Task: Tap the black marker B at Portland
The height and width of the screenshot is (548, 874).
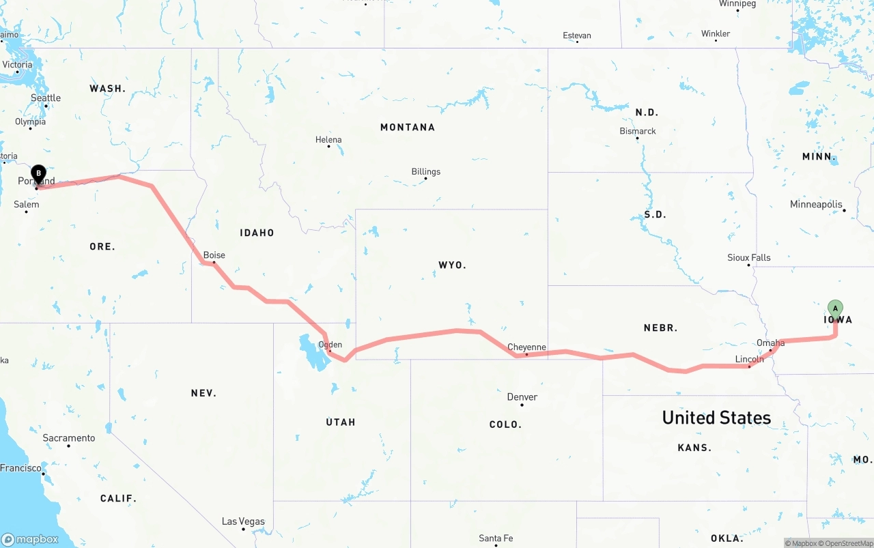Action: tap(39, 174)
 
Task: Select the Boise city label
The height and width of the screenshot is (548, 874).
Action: tap(214, 255)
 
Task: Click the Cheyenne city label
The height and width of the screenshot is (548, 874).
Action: tap(526, 347)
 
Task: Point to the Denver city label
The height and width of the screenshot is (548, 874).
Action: tap(522, 397)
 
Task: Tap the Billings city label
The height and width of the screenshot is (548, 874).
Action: tap(426, 172)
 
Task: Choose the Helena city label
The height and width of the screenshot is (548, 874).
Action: tap(328, 140)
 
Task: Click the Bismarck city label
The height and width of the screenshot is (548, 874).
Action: tap(638, 131)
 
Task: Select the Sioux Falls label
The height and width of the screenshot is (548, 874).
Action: tap(749, 258)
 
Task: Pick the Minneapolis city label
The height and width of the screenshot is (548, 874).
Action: tap(816, 205)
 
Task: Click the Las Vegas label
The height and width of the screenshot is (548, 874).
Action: tap(243, 521)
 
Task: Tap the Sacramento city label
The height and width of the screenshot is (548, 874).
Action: tap(69, 438)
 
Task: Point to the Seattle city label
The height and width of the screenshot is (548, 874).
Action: tap(46, 98)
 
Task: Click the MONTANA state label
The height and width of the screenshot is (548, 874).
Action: tap(408, 127)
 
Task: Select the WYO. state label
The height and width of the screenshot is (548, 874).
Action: tap(452, 265)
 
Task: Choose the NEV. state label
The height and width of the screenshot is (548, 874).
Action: tap(203, 393)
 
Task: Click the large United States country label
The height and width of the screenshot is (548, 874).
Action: tap(716, 418)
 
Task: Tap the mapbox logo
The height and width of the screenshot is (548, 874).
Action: tap(30, 539)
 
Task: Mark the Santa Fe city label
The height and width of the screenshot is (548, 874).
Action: tap(496, 538)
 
